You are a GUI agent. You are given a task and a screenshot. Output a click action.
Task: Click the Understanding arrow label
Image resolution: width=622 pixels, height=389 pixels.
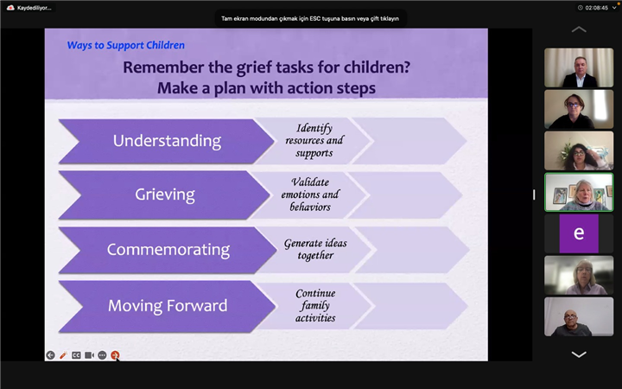coord(167,141)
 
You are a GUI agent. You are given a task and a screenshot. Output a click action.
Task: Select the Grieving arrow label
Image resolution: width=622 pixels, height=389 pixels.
coord(165,194)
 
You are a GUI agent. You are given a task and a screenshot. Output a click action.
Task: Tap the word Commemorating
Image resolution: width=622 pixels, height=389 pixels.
coord(168,250)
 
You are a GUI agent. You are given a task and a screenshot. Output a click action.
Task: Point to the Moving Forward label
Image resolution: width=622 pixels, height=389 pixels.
coord(168,305)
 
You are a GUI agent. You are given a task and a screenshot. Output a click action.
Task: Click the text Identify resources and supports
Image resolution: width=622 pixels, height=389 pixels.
coord(314,141)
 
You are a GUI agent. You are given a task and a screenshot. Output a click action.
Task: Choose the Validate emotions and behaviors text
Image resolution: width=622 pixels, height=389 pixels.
coord(310,194)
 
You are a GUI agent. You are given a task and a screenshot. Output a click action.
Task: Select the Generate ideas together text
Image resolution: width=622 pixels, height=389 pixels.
coord(315,249)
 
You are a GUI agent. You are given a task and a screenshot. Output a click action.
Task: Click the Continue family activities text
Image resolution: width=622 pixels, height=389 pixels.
coord(315,305)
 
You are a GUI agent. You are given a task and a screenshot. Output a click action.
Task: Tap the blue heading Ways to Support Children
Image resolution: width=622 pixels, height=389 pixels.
coord(126,45)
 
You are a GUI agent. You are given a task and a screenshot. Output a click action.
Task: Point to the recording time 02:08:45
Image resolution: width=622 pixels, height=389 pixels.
coord(597,8)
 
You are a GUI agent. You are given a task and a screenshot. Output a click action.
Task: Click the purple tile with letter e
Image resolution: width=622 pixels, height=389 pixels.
coord(579,233)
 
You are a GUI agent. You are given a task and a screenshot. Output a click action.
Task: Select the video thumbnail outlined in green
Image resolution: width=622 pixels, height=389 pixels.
coord(579,192)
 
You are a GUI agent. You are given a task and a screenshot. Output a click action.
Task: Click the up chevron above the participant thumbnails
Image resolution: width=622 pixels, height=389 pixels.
coord(579,29)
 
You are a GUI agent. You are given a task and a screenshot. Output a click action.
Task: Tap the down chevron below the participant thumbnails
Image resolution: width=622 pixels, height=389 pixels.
coord(579,354)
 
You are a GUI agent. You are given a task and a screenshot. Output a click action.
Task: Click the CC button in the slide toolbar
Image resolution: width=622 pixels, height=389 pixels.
coord(76,355)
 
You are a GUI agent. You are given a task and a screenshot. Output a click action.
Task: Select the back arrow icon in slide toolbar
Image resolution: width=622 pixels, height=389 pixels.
coord(50,355)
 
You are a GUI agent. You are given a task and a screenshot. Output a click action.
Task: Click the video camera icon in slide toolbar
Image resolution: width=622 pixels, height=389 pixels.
coord(89,355)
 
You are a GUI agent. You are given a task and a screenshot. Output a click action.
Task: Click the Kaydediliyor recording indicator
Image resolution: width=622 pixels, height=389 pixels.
coord(29,8)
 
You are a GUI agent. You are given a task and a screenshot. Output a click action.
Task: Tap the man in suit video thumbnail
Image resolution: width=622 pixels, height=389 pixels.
coord(579,67)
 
